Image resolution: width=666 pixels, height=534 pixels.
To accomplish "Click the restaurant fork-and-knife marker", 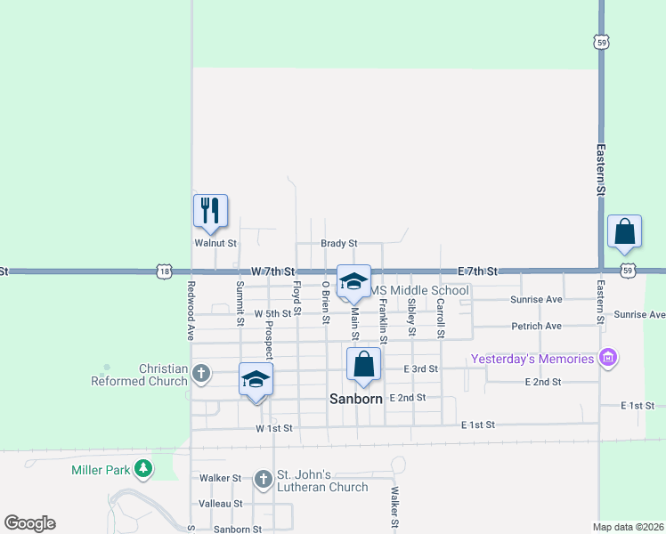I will [x=211, y=211].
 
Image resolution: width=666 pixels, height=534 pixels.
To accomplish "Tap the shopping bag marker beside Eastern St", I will [x=625, y=231].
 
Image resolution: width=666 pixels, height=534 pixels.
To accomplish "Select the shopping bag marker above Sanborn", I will [x=363, y=364].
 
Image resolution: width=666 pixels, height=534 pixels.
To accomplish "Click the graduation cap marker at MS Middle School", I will [x=353, y=281].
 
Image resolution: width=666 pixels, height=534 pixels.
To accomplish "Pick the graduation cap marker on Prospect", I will [x=256, y=379].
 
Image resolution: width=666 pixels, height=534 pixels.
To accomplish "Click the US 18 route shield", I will [x=163, y=270].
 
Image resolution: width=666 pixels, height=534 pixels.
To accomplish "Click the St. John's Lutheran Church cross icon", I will [x=263, y=480].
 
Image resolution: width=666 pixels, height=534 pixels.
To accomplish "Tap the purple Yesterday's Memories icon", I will [x=608, y=359].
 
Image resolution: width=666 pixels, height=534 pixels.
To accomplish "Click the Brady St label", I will [x=339, y=243].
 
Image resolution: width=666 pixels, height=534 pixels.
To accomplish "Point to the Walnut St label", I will [x=215, y=243].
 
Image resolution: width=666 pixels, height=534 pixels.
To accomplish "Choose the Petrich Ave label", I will [x=536, y=327].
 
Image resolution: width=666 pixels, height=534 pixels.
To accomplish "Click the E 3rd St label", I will [x=420, y=368].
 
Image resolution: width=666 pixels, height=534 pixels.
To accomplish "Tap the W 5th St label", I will [x=272, y=314].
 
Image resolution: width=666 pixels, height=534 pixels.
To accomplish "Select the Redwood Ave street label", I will [x=191, y=311].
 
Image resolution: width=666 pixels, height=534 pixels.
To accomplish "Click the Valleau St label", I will [x=221, y=504].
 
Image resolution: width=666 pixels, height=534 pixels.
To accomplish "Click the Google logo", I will [x=30, y=523].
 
